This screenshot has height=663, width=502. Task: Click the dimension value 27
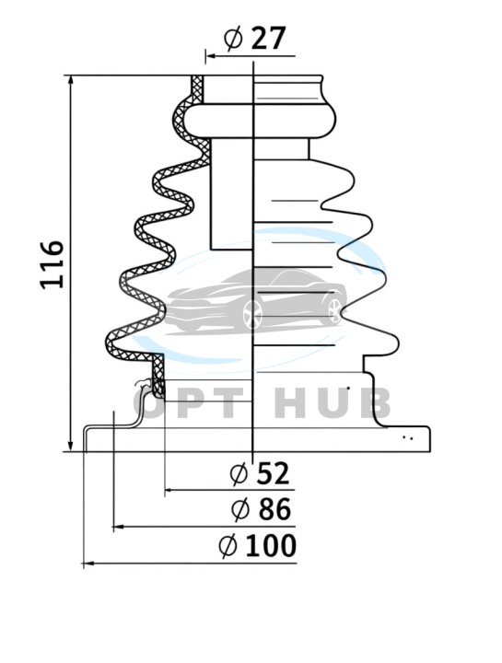(x=269, y=39)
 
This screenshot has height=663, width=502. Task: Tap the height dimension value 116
(x=52, y=264)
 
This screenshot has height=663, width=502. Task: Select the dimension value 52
(x=274, y=473)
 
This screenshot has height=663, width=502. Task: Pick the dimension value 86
(x=274, y=508)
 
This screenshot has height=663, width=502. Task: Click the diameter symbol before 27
(x=233, y=39)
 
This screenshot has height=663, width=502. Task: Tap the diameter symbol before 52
(x=239, y=473)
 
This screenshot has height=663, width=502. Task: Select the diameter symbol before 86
(x=240, y=509)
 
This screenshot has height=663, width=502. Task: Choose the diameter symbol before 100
(x=228, y=546)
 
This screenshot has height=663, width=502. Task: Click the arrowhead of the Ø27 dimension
(x=211, y=56)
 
